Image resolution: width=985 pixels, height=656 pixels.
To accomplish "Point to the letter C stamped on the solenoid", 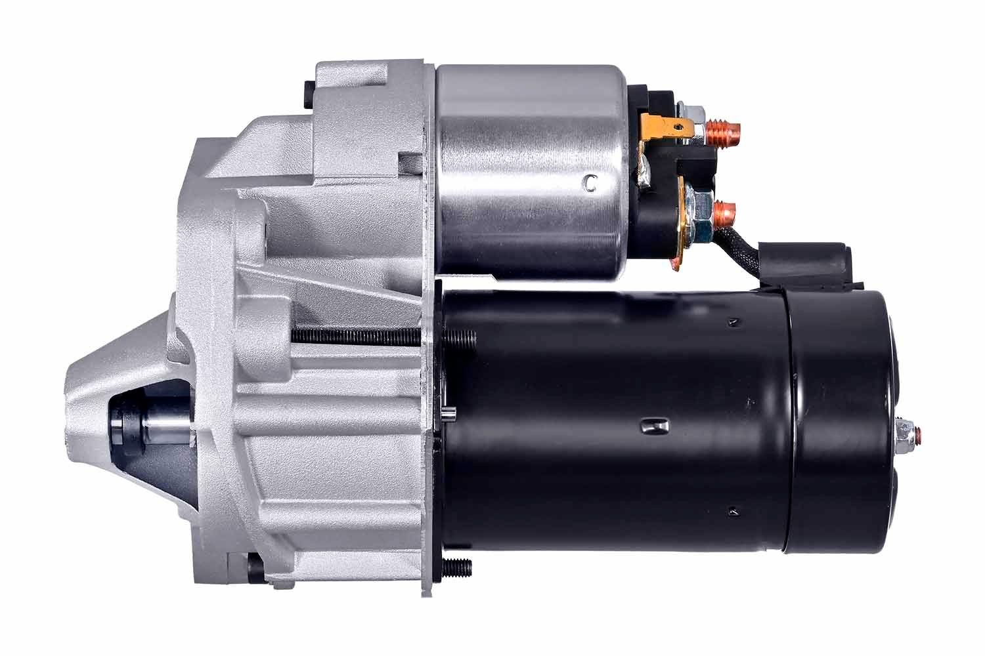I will [x=591, y=183].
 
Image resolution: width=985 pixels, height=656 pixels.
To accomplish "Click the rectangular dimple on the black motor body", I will [x=654, y=426].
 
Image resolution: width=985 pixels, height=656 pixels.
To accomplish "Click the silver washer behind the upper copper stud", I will [x=698, y=129].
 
